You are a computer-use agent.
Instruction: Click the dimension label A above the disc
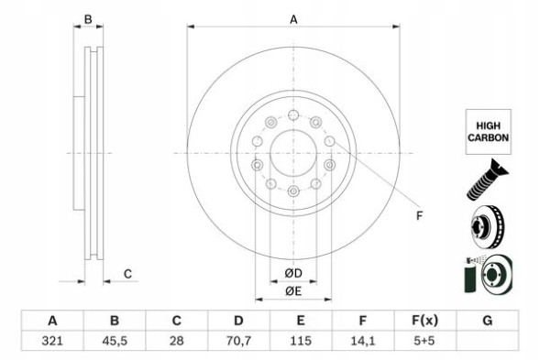[x=293, y=19]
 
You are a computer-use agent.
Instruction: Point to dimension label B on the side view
[x=88, y=19]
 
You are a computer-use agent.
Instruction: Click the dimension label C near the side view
[x=127, y=273]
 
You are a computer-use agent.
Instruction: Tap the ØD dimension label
[x=292, y=273]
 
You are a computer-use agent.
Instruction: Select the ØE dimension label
[x=292, y=291]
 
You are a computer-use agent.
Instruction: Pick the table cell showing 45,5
[x=115, y=342]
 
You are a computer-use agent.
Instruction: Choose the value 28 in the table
[x=177, y=342]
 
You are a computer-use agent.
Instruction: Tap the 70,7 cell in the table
[x=238, y=342]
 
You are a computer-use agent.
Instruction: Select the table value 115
[x=301, y=342]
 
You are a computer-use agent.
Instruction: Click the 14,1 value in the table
[x=363, y=342]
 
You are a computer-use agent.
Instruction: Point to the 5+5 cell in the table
[x=424, y=342]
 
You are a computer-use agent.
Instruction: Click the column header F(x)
[x=424, y=321]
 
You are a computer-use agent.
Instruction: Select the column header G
[x=487, y=321]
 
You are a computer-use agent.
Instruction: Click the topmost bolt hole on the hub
[x=292, y=115]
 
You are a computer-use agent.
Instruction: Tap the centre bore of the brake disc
[x=292, y=152]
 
